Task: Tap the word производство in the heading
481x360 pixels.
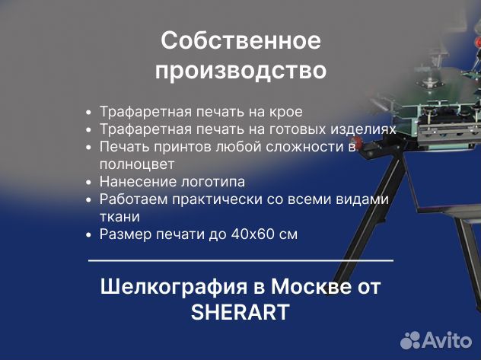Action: click(x=240, y=71)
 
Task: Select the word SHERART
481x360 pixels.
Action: click(x=240, y=313)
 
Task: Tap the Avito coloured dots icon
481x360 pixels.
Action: click(x=411, y=339)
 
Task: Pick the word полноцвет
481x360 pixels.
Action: click(x=137, y=164)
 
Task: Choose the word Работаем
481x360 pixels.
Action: click(x=135, y=199)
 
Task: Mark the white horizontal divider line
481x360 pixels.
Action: click(x=240, y=260)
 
